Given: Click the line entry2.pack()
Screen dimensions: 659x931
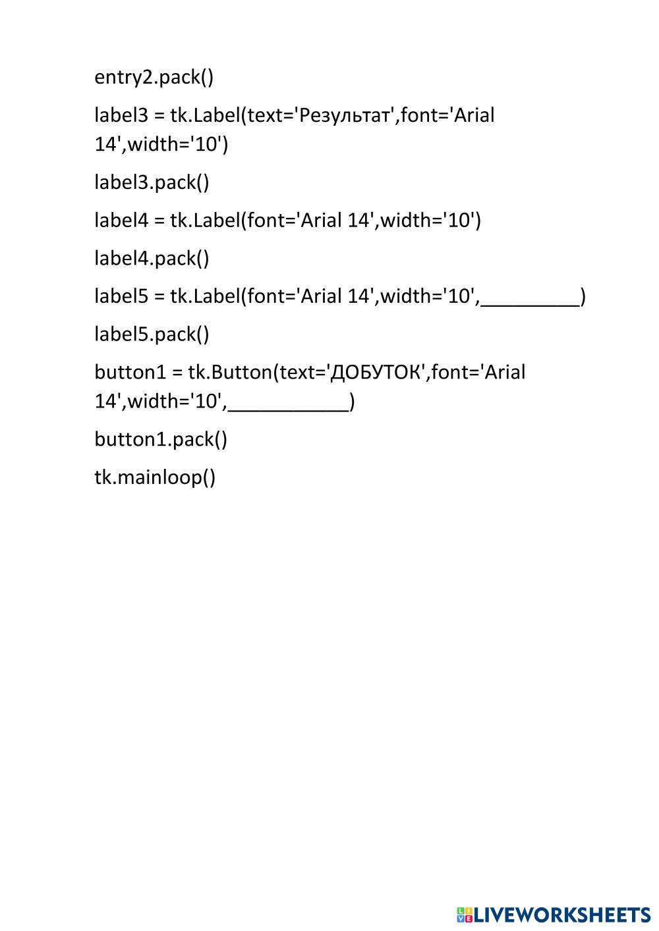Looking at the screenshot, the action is click(154, 78).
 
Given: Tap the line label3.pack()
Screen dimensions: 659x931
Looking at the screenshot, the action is click(152, 182).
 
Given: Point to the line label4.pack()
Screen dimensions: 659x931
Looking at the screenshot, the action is click(152, 258).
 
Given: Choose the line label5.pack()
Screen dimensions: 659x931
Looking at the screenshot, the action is click(152, 334).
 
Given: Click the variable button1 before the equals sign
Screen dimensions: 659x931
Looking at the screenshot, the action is click(130, 373).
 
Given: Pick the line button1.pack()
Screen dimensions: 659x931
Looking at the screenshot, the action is click(161, 439).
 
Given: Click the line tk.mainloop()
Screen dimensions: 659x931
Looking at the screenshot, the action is click(155, 477).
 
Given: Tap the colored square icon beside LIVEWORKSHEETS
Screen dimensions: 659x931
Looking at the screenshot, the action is click(464, 915).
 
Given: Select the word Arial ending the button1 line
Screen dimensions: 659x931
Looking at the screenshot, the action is click(504, 373).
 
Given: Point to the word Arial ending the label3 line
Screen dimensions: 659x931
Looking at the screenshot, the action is click(473, 115).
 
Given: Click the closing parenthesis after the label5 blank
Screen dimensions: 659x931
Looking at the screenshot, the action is click(583, 297).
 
